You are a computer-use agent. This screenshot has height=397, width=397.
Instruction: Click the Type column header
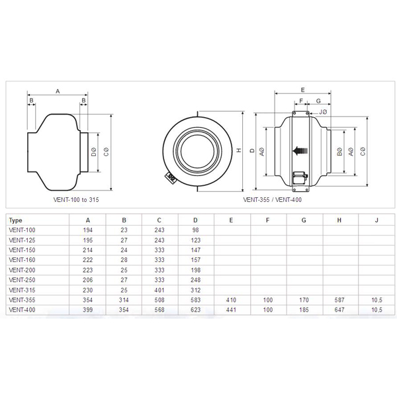[x=15, y=220]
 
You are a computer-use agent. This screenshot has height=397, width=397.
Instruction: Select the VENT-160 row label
[x=22, y=260]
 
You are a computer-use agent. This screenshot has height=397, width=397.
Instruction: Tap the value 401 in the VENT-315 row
[x=159, y=290]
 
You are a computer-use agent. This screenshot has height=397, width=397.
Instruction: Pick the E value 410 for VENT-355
[x=231, y=300]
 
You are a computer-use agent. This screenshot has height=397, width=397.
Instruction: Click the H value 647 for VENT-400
[x=339, y=310]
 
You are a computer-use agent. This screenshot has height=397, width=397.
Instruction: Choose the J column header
[x=376, y=220]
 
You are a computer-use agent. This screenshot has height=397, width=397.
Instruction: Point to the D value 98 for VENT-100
[x=195, y=230]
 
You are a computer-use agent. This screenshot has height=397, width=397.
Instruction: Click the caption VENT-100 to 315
[x=76, y=200]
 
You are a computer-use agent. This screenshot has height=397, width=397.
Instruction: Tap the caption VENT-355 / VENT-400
[x=273, y=200]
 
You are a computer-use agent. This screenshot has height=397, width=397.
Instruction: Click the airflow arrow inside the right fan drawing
[x=300, y=151]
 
